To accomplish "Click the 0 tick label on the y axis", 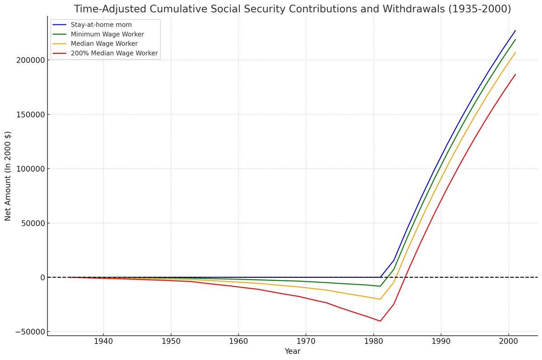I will (41, 277).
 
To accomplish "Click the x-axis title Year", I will (292, 351).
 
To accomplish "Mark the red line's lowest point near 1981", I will (380, 321).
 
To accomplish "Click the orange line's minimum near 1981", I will (380, 299).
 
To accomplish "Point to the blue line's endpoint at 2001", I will (515, 31).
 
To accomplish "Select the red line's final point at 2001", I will (515, 75).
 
